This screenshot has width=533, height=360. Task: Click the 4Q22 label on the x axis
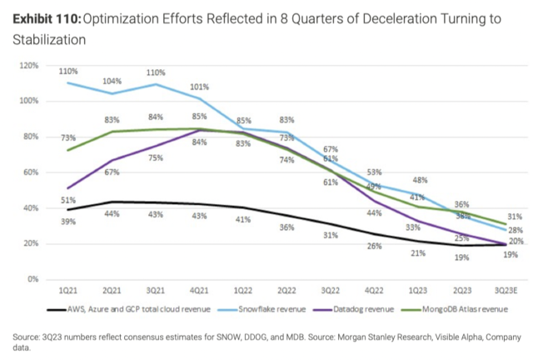coord(375,292)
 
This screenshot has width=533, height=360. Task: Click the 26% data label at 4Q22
coord(376,245)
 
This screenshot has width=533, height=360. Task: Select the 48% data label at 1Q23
coord(421,180)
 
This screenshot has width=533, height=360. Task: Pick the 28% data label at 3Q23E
coord(515,230)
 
